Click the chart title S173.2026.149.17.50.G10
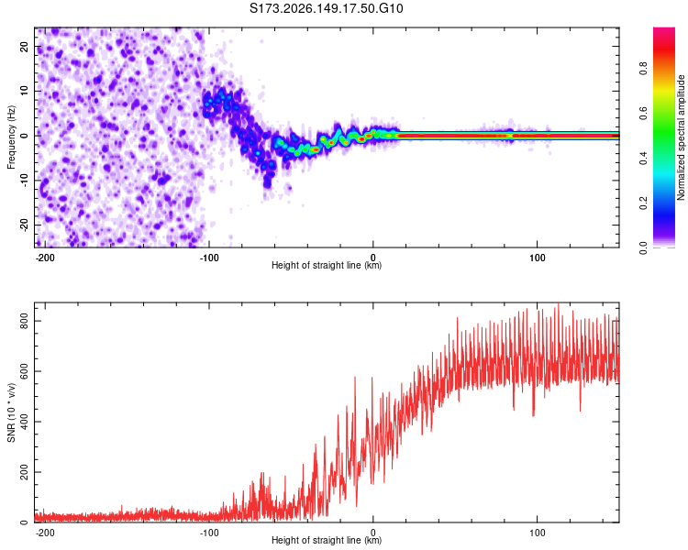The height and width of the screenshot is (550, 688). coord(326,8)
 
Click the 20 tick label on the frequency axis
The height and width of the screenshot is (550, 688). coord(25,47)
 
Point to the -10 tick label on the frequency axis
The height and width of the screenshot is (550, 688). coord(25,180)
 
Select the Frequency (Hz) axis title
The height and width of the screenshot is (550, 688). coord(11,137)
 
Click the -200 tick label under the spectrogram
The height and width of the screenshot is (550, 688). coord(45,258)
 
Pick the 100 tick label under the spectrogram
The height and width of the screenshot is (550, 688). coord(537,258)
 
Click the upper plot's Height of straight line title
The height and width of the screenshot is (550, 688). coord(327,265)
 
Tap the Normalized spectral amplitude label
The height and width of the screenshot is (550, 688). coord(681,137)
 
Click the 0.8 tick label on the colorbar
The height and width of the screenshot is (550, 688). coord(643,69)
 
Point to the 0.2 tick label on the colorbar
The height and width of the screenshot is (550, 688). coord(643,203)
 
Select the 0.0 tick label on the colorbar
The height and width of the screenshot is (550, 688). coord(643,248)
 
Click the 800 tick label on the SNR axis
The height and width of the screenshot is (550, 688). coord(25,321)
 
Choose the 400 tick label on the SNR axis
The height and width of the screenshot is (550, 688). coord(25,422)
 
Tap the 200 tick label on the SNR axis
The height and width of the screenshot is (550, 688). coord(25,472)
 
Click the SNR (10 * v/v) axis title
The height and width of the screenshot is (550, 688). coord(11,412)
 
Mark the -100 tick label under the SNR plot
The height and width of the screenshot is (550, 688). coord(209,533)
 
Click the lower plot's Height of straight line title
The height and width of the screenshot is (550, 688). coord(327,540)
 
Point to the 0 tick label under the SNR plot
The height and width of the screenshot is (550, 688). coord(373,533)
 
